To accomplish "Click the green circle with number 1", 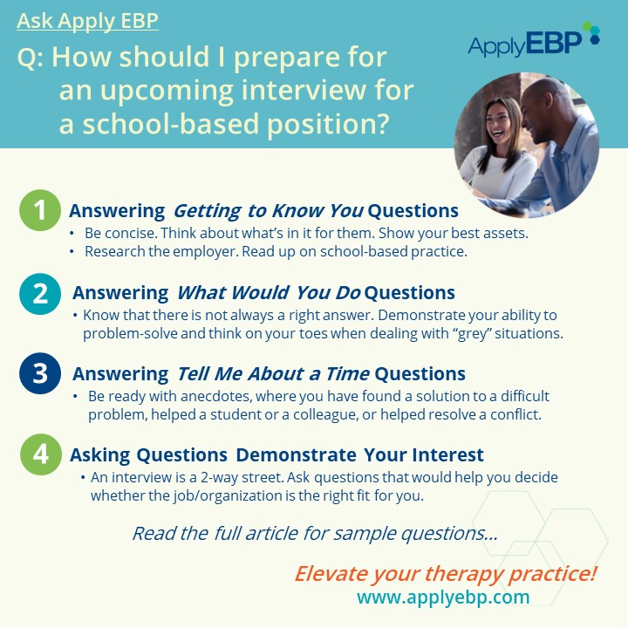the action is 40,210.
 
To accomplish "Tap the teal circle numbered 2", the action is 40,294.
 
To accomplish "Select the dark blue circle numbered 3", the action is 40,373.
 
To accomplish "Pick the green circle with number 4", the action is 41,454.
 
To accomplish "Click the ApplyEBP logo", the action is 534,39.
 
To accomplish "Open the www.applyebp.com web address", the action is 443,597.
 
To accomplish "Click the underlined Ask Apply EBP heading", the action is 88,21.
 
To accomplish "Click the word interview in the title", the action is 304,90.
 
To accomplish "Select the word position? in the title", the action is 328,125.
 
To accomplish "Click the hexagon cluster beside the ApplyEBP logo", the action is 591,33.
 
